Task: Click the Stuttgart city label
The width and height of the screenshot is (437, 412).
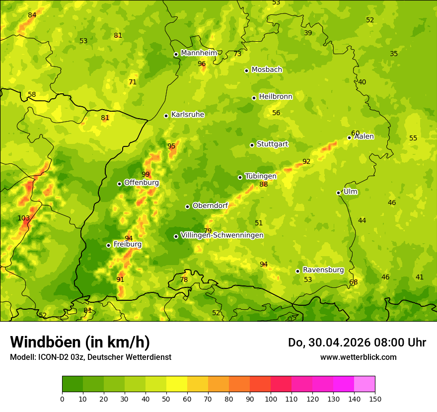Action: (272, 144)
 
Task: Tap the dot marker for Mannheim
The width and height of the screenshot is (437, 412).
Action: (176, 55)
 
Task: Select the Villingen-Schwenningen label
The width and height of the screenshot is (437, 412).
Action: (222, 235)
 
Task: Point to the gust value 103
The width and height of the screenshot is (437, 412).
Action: (24, 218)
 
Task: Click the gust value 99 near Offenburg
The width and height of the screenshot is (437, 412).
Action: (146, 174)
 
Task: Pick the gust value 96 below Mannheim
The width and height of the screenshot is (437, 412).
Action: (202, 64)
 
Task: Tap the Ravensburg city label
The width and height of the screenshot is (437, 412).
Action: (323, 270)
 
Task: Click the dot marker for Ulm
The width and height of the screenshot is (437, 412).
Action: (339, 193)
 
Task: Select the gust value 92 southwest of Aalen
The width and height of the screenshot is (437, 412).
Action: (306, 161)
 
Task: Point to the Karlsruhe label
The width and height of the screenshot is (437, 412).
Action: (188, 115)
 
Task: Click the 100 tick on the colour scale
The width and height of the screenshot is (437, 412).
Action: (271, 399)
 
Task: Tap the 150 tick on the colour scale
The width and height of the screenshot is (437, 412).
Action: (375, 399)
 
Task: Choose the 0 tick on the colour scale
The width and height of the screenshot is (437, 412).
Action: (62, 399)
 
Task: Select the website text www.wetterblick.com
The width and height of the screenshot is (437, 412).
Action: (358, 357)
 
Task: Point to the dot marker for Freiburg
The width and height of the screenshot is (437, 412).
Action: (108, 245)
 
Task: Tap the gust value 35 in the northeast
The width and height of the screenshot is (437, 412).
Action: (394, 54)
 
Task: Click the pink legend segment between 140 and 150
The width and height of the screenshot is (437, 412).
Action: (364, 384)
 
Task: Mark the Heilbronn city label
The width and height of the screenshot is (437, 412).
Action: (276, 97)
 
